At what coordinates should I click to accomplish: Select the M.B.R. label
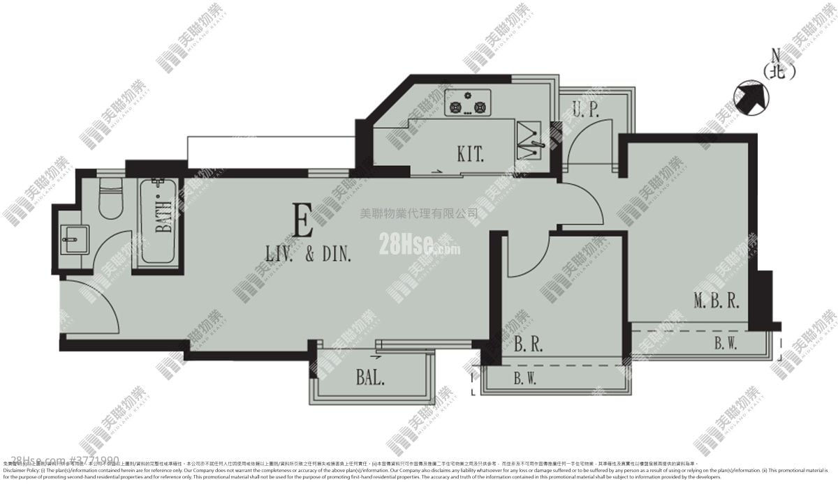coord(716,301)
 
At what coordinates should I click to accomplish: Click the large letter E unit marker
coord(303,223)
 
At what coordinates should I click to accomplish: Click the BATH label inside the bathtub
coord(164,220)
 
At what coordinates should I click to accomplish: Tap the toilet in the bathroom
coord(110,199)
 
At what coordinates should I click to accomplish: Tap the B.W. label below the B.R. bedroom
coord(524,379)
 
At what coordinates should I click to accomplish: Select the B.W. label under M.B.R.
coord(727,342)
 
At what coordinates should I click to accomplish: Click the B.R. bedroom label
coord(529,344)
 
